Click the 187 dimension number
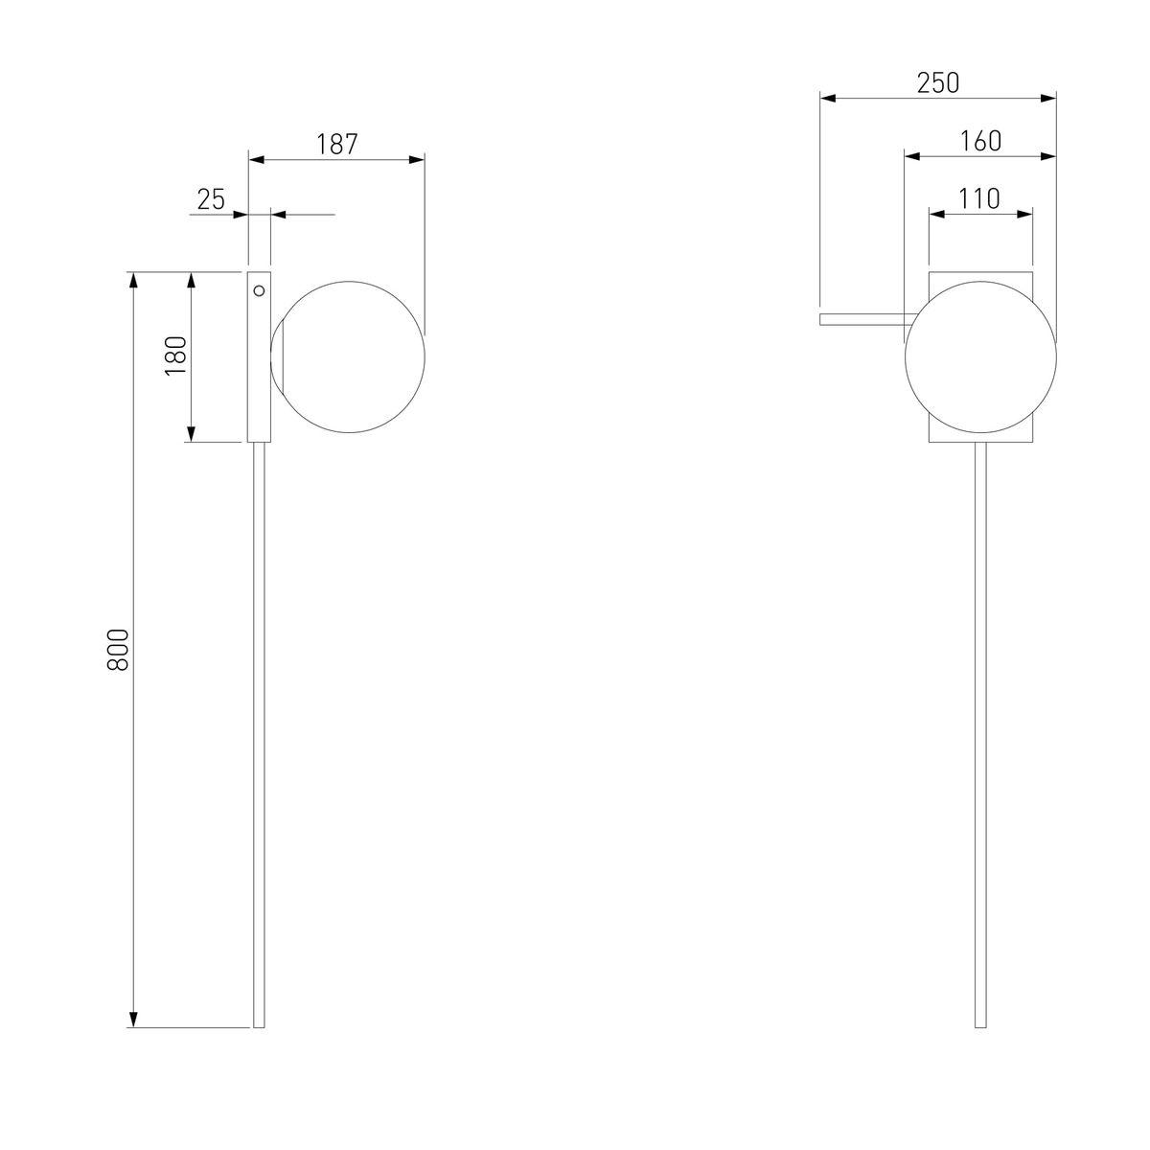[336, 145]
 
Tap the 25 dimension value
[211, 199]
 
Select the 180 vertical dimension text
[176, 356]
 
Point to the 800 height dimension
[118, 650]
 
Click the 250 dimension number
[938, 83]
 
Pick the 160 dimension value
[980, 142]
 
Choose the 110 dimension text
[979, 198]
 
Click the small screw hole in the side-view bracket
[259, 290]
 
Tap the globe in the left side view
[348, 356]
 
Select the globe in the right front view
[980, 356]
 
